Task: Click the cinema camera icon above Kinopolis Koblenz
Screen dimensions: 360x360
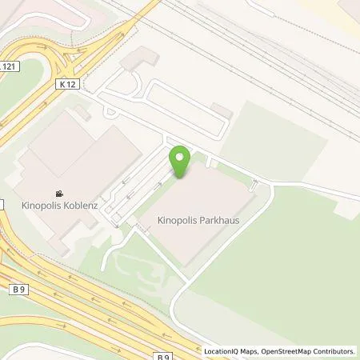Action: (x=58, y=193)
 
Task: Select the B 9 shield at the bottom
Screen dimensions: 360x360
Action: (x=163, y=335)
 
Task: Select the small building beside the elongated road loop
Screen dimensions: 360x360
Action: (x=222, y=111)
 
